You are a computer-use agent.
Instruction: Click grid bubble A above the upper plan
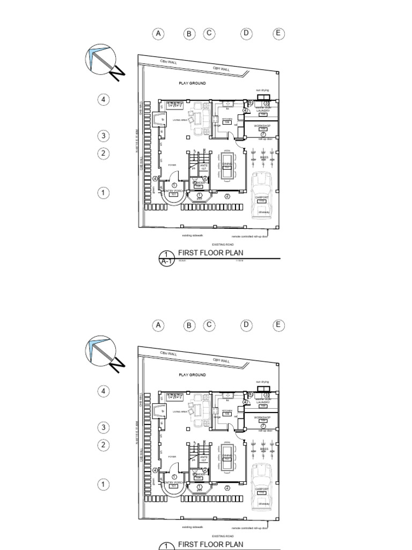[158, 34]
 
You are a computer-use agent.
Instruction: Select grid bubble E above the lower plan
[278, 325]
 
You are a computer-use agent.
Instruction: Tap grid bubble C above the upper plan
[209, 34]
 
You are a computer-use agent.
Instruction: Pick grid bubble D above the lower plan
[246, 325]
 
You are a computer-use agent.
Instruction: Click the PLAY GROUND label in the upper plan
[193, 84]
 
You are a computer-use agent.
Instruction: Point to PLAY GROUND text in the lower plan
[193, 374]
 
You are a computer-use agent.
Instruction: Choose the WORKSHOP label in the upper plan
[262, 125]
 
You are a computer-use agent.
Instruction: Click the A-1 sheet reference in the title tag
[166, 262]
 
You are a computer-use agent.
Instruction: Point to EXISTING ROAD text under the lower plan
[223, 536]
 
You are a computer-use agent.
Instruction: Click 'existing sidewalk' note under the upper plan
[193, 236]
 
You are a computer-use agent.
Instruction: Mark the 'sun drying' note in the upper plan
[262, 91]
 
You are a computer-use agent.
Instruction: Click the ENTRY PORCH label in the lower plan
[173, 482]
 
